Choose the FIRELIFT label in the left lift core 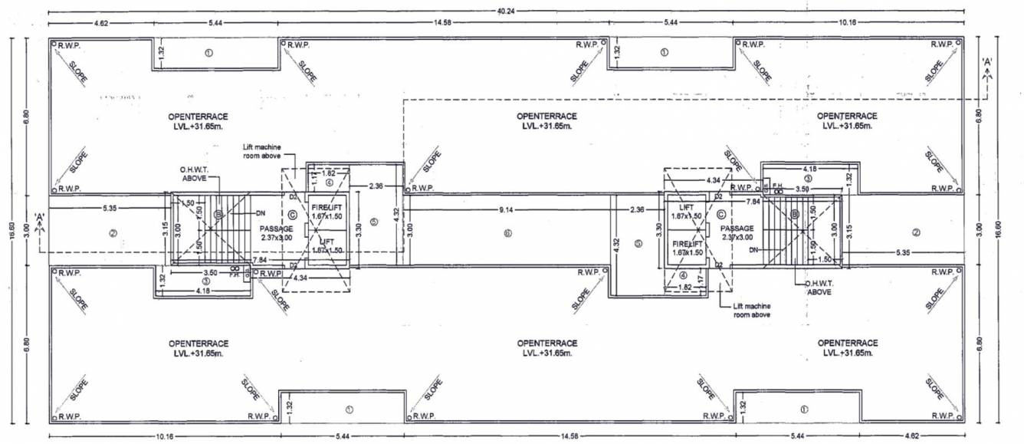tap(326, 208)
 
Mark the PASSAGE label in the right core tap(736, 229)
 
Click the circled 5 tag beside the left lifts tap(373, 222)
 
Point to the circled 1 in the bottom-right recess tap(802, 409)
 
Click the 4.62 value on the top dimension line tap(102, 23)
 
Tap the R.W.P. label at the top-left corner tap(71, 45)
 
